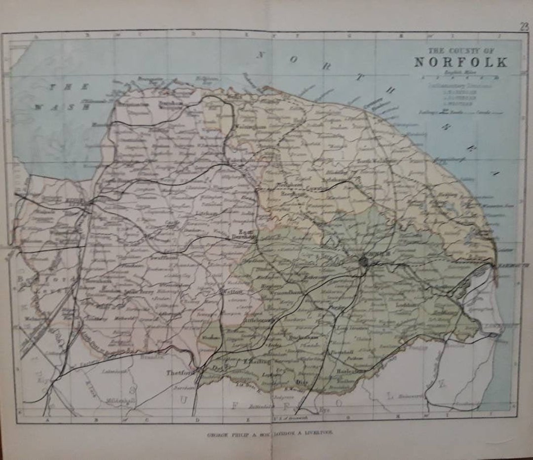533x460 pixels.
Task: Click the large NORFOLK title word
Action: (460, 63)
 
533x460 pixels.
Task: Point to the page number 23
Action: (524, 27)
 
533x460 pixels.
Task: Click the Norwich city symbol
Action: (364, 261)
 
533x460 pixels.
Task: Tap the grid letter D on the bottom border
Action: (198, 420)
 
